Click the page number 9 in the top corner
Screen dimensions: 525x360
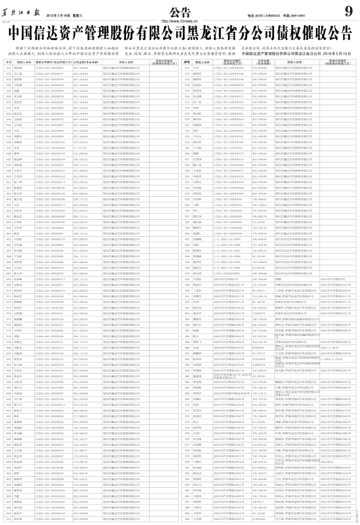pyautogui.click(x=348, y=11)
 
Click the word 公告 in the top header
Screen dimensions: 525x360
pyautogui.click(x=179, y=12)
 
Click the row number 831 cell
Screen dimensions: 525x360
pyautogui.click(x=8, y=67)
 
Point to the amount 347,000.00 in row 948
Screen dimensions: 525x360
pyautogui.click(x=259, y=279)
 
